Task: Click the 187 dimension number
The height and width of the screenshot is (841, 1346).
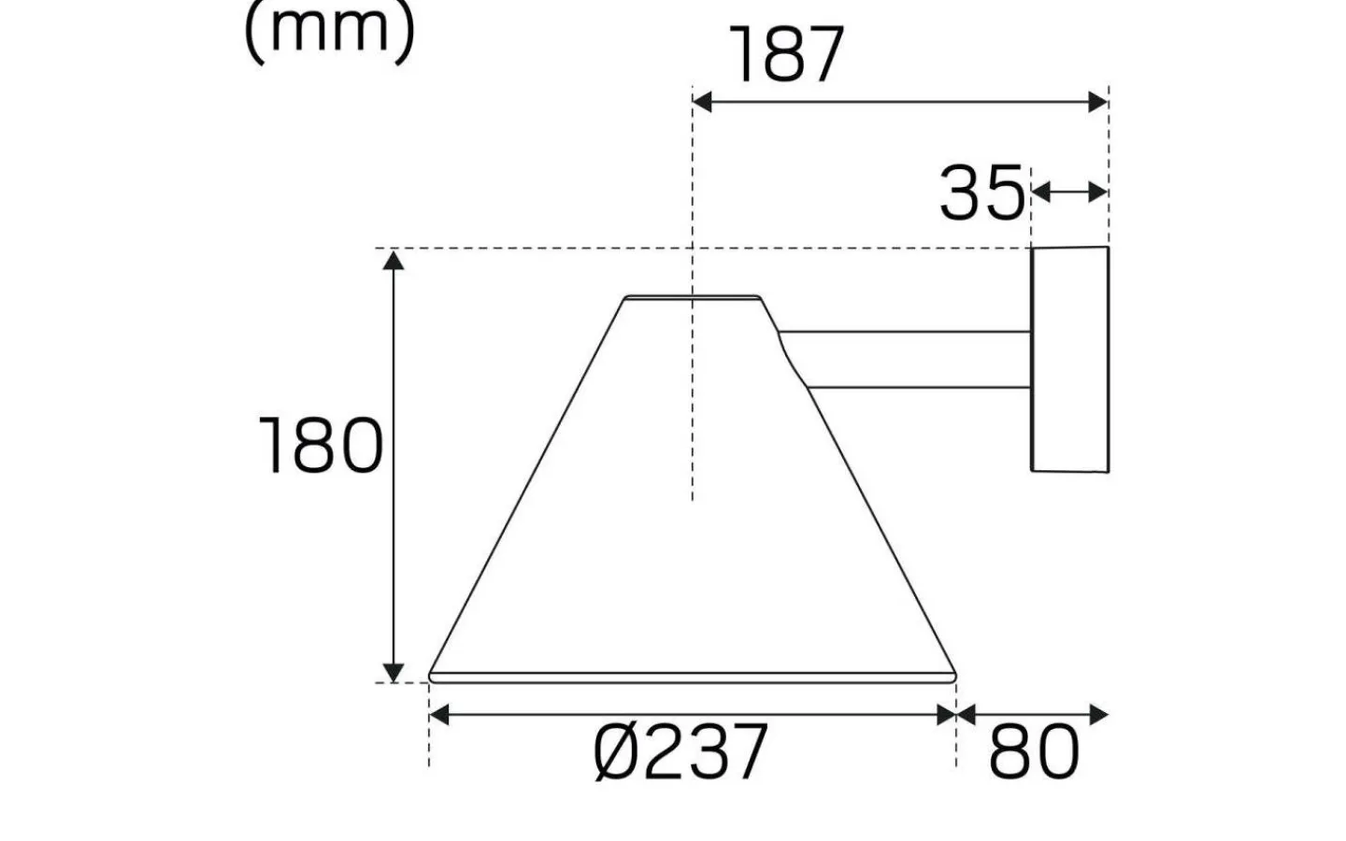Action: tap(786, 56)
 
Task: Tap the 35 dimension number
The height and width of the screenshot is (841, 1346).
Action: tap(981, 193)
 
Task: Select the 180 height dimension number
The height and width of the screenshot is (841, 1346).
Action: tap(320, 447)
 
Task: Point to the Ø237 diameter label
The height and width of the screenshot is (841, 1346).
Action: tap(680, 752)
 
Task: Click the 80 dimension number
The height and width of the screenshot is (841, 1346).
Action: tap(1034, 753)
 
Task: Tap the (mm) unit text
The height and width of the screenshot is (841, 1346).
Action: tap(328, 32)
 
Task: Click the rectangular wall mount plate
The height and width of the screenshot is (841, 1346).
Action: tap(1069, 359)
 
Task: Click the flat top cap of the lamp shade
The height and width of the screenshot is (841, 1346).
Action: tap(692, 299)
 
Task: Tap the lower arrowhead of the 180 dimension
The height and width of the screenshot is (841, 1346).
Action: tap(394, 671)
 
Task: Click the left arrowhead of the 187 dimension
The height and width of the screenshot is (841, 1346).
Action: tap(702, 102)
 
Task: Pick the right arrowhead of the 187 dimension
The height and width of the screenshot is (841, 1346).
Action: tap(1098, 102)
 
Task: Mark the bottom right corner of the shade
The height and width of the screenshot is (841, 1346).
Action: tap(953, 675)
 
